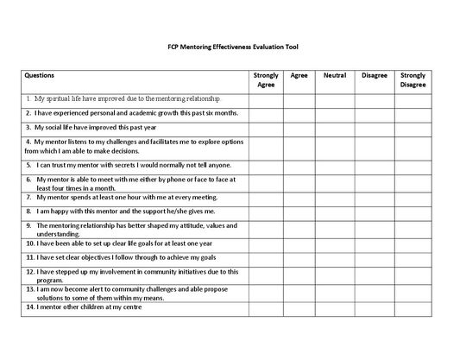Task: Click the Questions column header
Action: click(40, 76)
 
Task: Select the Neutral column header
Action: click(334, 76)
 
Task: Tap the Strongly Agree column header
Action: click(267, 81)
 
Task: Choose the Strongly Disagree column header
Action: click(413, 81)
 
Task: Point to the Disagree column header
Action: click(374, 76)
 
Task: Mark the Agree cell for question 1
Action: click(299, 99)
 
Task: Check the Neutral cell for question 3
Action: click(334, 127)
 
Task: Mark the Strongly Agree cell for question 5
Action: click(267, 165)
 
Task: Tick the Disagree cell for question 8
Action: click(374, 211)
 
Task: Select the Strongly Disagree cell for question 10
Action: click(413, 243)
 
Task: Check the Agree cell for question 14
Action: click(299, 307)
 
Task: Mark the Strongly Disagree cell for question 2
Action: click(413, 113)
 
